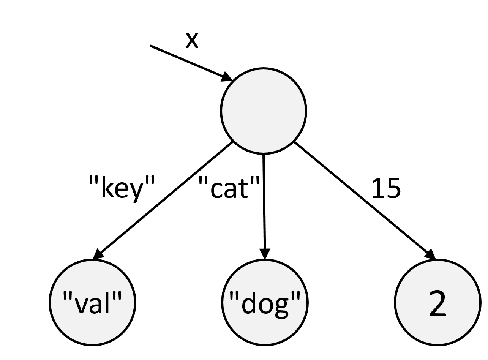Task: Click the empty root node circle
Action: coord(263,111)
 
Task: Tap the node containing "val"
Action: coord(92,303)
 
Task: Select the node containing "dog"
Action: coord(265,303)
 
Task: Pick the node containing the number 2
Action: coord(437,303)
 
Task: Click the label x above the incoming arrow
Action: coord(192,40)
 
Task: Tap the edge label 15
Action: coord(385,188)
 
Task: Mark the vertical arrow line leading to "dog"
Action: coord(264,201)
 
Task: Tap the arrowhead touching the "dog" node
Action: coord(265,254)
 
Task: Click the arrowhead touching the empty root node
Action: coord(227,77)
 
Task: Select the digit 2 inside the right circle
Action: coord(437,303)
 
